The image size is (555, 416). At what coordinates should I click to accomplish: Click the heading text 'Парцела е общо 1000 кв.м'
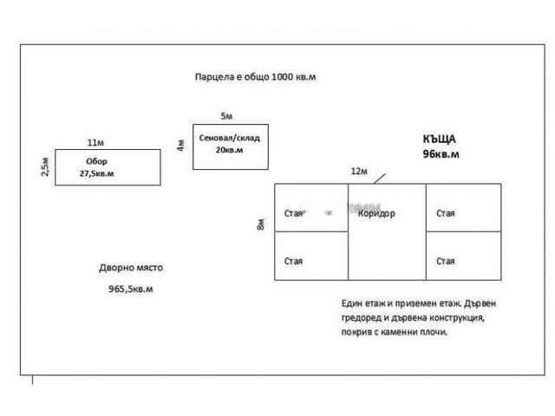coord(255,77)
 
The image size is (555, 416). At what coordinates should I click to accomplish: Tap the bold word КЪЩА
coord(439,139)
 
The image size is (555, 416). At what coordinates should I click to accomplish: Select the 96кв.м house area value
coord(441,154)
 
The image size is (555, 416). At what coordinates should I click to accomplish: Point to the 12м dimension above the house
coord(358,172)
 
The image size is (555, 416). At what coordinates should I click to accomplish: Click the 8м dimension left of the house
coord(260,225)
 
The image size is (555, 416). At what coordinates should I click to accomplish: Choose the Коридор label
coord(376,213)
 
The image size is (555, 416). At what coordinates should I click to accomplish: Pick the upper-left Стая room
coord(294,213)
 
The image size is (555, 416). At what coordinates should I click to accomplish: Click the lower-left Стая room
coord(294,261)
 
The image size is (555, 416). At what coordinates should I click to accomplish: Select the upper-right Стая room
coord(446,213)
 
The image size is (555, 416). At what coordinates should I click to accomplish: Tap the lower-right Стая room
coord(446,261)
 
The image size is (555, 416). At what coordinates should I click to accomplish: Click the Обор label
coord(96,161)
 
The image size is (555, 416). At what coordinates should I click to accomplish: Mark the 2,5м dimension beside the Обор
coord(45,166)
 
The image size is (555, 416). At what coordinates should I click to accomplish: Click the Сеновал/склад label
coord(229,138)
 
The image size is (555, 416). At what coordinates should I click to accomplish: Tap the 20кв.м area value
coord(228,151)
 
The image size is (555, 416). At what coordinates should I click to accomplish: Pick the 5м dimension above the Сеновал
coord(226,115)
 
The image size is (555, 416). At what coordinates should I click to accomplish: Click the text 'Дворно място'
coord(130,268)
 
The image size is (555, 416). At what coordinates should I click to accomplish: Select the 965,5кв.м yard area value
coord(130,289)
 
